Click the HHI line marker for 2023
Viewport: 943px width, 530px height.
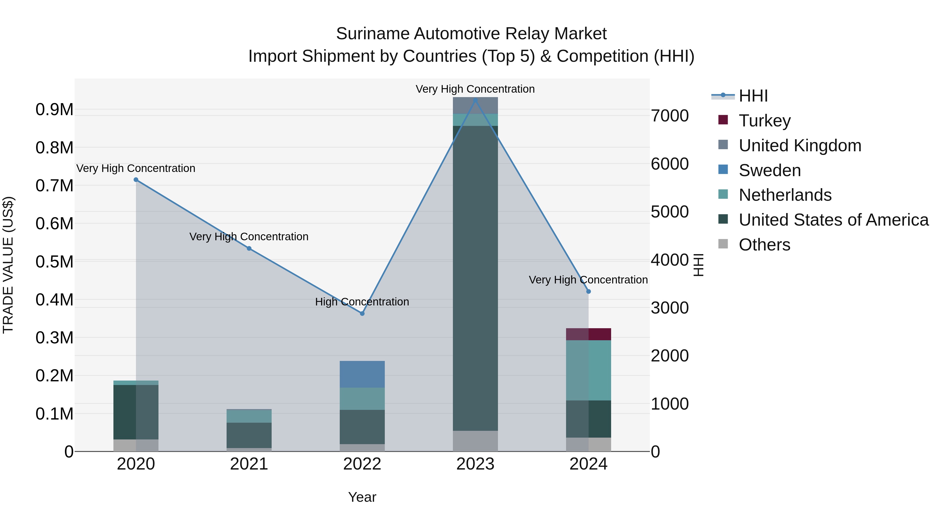[475, 100]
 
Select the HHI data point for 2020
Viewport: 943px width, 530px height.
[136, 180]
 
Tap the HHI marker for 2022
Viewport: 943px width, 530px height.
[362, 314]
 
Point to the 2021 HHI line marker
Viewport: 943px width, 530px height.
[249, 248]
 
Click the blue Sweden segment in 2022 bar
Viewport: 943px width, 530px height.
[362, 374]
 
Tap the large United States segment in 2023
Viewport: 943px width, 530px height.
[475, 278]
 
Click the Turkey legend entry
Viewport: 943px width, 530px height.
[764, 121]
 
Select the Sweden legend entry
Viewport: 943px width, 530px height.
[770, 170]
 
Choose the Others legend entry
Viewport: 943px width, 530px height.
[764, 245]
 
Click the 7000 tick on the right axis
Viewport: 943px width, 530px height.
[670, 116]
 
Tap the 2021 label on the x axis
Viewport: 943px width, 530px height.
[249, 464]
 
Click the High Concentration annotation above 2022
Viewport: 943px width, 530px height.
[362, 302]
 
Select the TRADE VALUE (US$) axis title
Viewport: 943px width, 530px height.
[8, 265]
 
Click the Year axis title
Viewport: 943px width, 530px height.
[362, 497]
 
